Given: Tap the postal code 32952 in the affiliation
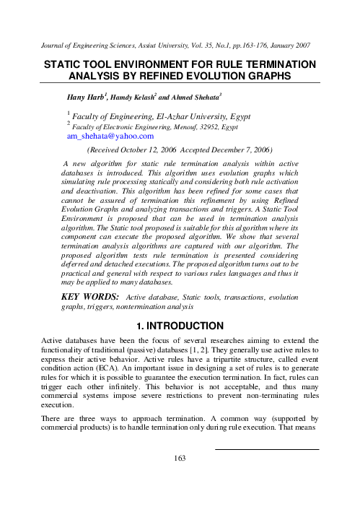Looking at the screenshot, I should click(x=194, y=126).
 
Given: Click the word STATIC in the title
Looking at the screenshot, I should click(x=66, y=64).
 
